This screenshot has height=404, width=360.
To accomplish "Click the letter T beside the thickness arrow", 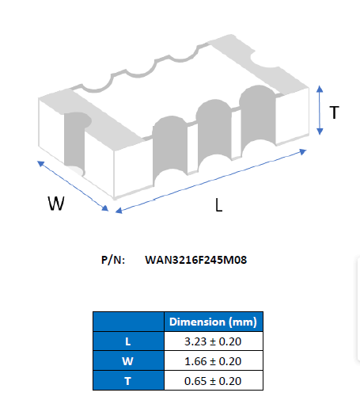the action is [x=334, y=112].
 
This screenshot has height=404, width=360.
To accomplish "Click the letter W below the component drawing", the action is [x=56, y=204].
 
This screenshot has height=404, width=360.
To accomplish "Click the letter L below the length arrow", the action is [x=218, y=205].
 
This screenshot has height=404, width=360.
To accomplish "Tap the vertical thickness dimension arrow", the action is [x=320, y=110].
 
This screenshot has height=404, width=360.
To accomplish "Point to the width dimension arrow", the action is [x=73, y=186].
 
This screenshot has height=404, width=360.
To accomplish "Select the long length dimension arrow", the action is [x=211, y=181].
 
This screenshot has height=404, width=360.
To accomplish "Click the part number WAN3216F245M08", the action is [x=196, y=260].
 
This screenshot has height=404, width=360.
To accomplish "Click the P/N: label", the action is [x=113, y=260].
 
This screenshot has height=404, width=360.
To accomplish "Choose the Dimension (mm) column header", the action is [x=213, y=322].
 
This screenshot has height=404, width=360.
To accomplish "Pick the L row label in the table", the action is [x=128, y=341].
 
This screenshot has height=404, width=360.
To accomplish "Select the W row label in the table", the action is [x=128, y=360].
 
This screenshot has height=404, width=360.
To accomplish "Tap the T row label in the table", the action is [x=128, y=380].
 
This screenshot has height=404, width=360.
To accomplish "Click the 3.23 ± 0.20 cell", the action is [x=213, y=341].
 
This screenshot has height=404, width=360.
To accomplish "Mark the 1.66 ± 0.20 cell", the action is [x=213, y=360].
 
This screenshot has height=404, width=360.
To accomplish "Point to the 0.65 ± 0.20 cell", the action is [x=213, y=380].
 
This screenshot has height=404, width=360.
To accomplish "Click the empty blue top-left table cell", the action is [x=128, y=322].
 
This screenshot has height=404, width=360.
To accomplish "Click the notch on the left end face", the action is [x=74, y=143].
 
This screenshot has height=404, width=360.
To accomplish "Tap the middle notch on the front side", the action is [x=214, y=132].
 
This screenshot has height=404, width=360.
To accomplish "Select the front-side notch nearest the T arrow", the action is [x=258, y=119].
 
